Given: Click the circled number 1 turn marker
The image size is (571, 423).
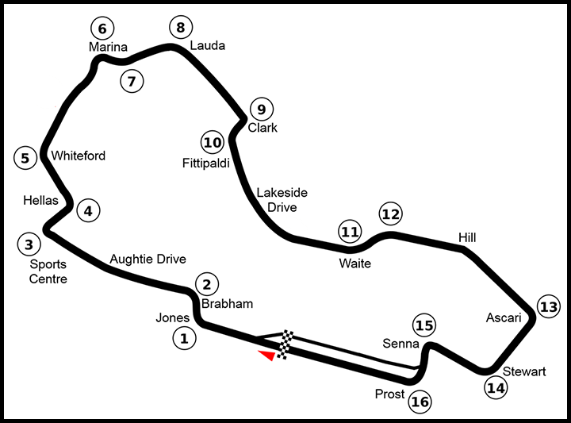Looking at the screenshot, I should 184,339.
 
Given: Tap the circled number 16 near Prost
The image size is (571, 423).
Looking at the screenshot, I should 420,402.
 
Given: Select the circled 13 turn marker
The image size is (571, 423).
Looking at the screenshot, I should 548,306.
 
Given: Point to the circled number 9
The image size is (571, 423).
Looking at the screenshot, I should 260,110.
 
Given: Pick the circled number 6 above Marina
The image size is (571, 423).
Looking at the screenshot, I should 102,29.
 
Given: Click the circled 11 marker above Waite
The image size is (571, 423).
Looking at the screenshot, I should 349,232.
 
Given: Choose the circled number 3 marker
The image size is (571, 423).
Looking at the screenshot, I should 29,244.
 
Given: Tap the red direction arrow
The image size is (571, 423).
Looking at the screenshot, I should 267,356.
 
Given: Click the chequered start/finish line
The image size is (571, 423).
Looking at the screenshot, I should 285,344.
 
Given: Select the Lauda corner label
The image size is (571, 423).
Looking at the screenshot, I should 207,45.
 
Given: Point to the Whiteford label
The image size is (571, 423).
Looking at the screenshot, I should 78,156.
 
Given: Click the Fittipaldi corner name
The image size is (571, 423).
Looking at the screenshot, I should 206,163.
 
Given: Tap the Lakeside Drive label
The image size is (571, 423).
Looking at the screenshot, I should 282,200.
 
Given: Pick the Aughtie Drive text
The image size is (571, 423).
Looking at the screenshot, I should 148,259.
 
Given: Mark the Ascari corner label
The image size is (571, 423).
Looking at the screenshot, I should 504,317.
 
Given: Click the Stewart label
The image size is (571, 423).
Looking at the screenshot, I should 524,371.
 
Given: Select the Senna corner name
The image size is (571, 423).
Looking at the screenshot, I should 399,344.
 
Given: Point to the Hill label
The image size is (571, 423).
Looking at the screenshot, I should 469,236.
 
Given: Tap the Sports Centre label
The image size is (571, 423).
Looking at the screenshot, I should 48,271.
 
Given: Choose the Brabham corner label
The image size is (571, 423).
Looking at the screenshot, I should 227,303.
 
